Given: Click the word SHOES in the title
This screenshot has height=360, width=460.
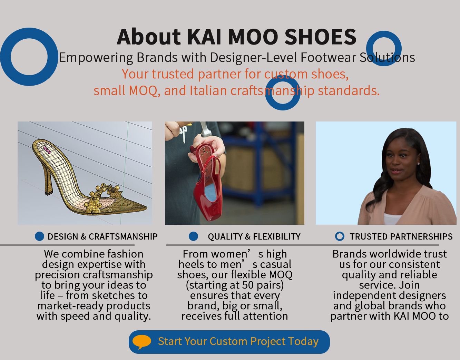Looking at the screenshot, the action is pos(321,37).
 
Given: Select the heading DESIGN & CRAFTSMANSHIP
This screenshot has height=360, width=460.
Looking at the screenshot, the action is pos(103,237).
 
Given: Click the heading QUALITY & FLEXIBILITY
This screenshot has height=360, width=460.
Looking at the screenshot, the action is pos(254,237).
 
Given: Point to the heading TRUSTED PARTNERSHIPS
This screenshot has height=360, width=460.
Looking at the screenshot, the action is pos(401,237).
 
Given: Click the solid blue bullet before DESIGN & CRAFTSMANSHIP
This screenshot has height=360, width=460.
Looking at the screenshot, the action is pos(39,236).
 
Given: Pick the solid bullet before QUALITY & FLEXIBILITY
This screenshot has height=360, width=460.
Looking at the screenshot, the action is pos(193,236).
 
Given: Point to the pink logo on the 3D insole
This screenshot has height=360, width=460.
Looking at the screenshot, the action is pos(47,150).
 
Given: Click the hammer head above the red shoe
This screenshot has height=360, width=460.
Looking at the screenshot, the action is pos(205,129).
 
